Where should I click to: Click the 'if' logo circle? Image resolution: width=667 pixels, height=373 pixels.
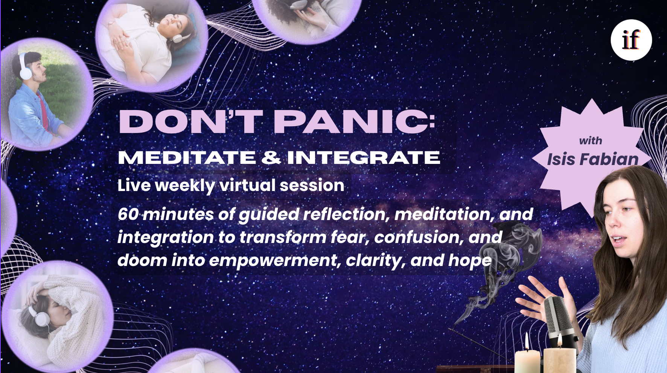point(631,40)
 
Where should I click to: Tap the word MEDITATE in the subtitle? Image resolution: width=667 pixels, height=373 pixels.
point(187,157)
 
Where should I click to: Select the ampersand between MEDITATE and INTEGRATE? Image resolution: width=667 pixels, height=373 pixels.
point(271,157)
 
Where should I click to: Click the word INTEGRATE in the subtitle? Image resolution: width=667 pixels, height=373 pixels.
point(364,157)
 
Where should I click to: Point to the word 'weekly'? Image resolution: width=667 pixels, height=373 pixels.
point(184,186)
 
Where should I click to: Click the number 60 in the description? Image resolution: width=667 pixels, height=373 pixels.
point(128,214)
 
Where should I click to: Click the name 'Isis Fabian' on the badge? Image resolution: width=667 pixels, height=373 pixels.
point(592,159)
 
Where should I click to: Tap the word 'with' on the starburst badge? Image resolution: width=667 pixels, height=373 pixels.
point(591,141)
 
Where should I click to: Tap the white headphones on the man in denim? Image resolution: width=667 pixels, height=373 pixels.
point(25,68)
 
